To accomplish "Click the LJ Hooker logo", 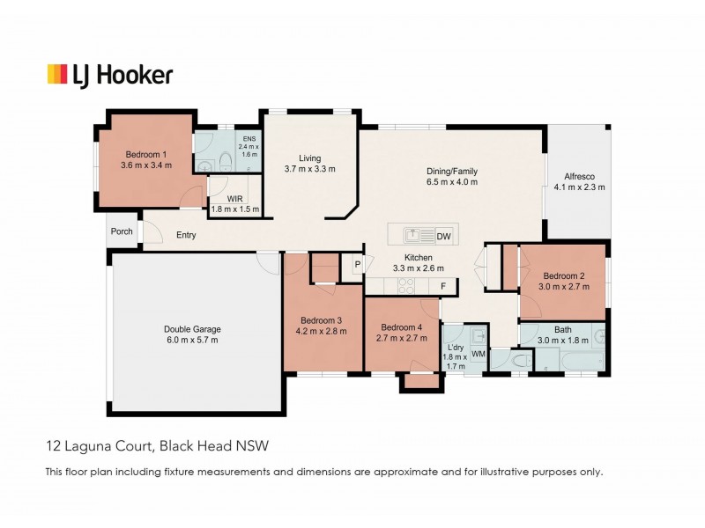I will click(109, 75).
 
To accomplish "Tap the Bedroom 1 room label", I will click(146, 152).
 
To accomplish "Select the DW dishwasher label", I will click(443, 236).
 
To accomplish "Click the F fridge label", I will click(444, 285).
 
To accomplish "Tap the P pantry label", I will click(358, 265).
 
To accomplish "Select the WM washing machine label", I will click(479, 354).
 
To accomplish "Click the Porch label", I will click(121, 232).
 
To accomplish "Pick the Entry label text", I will click(186, 236).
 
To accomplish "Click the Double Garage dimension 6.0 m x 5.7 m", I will click(190, 340).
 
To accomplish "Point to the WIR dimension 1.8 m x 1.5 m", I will click(235, 209).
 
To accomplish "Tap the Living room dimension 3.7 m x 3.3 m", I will click(309, 168).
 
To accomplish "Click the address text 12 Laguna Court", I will click(96, 446).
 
